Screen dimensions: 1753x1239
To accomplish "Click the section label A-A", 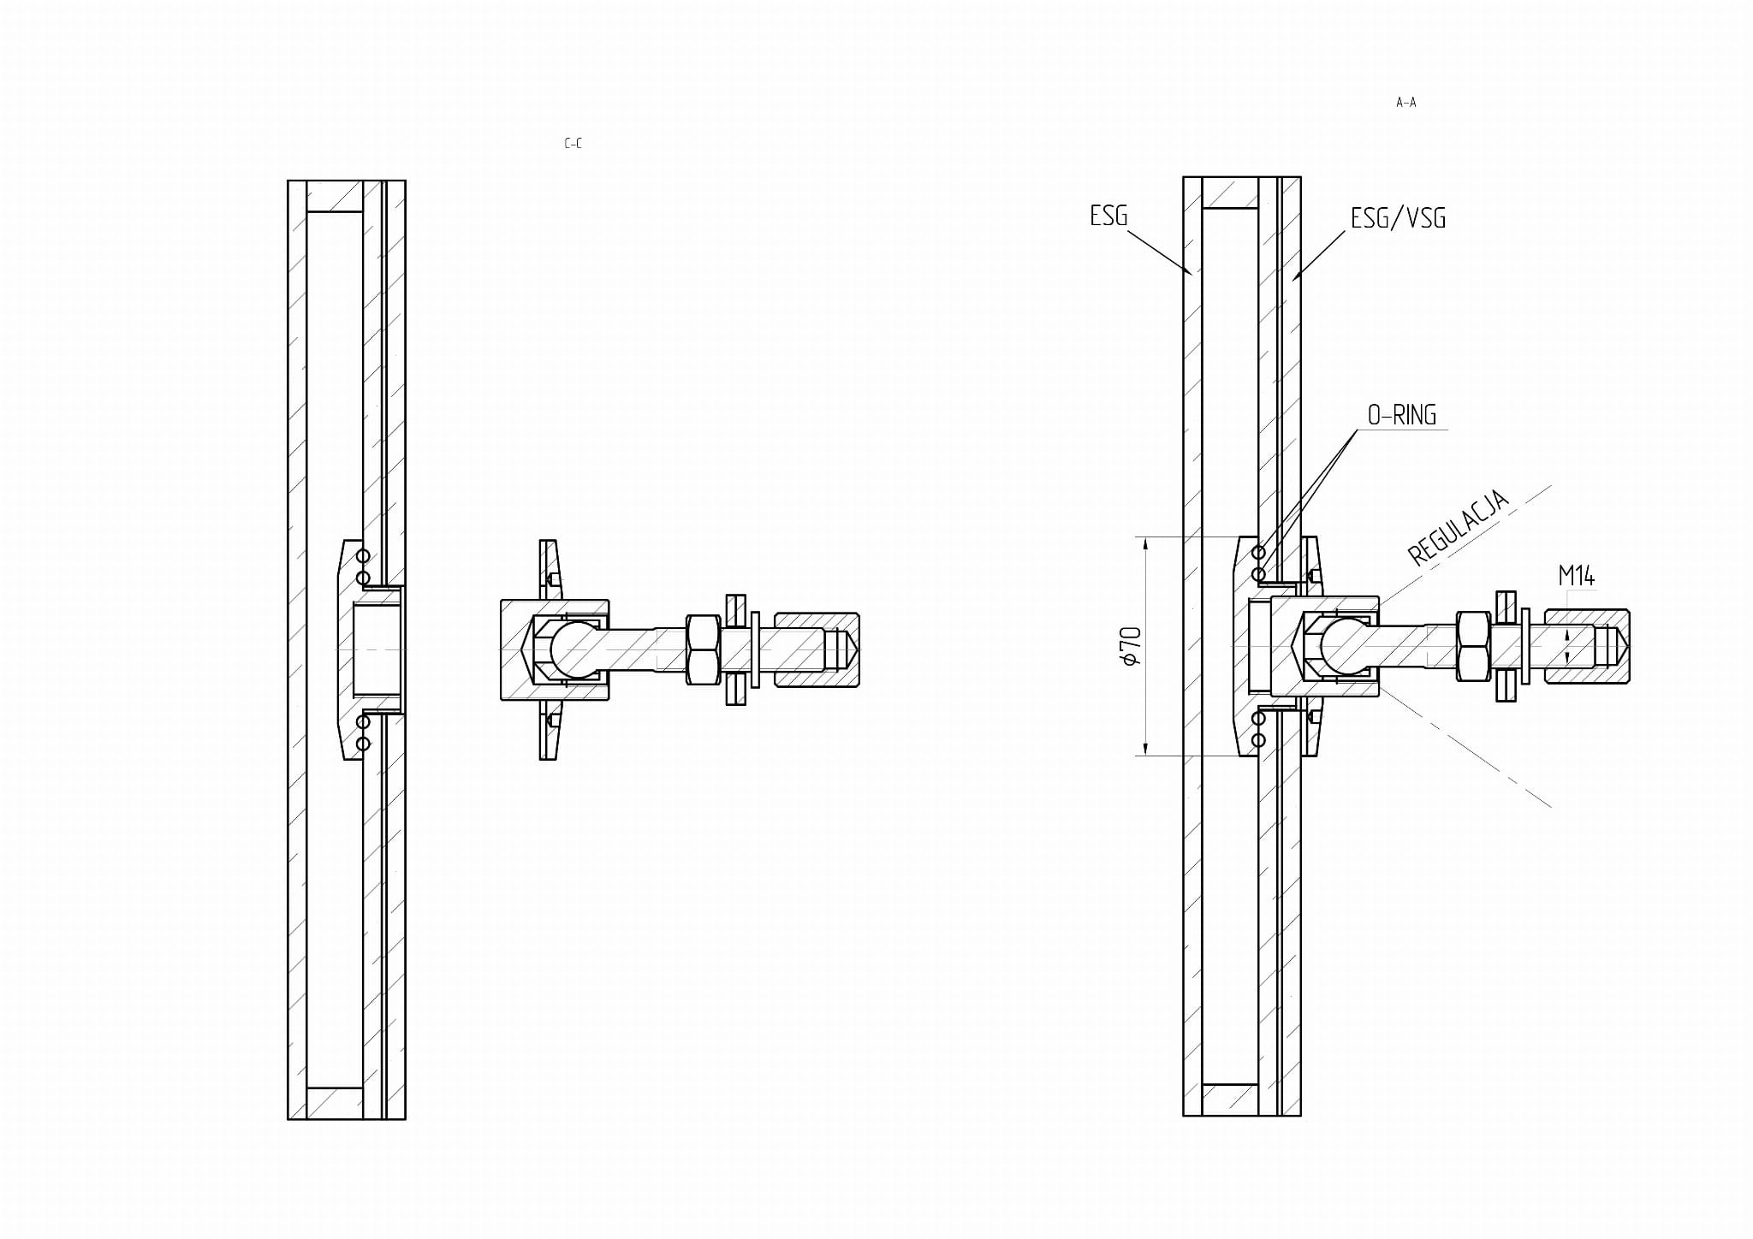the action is coord(1405,103).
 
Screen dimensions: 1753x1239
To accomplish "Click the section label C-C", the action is coord(573,144).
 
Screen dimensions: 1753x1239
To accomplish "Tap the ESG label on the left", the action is coord(1108,216).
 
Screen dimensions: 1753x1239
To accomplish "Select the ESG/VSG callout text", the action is coord(1398,218).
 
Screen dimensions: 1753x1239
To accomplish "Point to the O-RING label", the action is coord(1401,415).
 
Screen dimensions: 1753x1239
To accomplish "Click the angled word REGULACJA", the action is coord(1458,527).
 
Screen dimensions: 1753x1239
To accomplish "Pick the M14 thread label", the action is coord(1576,576).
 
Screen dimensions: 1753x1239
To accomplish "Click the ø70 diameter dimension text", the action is coord(1131,646).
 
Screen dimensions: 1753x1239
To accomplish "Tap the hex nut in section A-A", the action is coord(1473,647).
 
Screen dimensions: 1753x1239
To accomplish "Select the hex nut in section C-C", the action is coord(703,649).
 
